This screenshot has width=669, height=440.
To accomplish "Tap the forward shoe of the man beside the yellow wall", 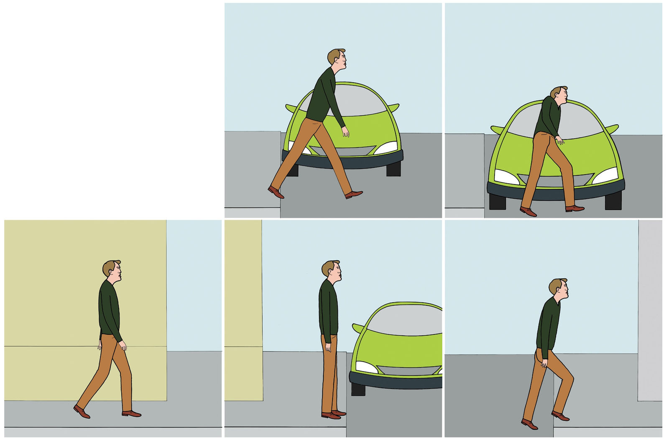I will [131, 414].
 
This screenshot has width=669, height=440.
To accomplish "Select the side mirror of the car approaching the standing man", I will [357, 328].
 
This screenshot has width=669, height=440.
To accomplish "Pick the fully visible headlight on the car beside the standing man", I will [366, 367].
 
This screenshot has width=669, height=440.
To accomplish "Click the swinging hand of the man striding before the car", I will [345, 132].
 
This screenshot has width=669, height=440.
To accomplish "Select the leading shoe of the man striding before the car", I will [354, 194].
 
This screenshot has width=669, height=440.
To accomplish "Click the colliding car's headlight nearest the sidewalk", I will [506, 177].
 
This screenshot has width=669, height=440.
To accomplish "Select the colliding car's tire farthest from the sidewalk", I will [613, 201].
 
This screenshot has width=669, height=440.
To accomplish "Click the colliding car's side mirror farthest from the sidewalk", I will [611, 128].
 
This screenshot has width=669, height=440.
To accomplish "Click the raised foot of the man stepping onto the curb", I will [560, 416].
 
